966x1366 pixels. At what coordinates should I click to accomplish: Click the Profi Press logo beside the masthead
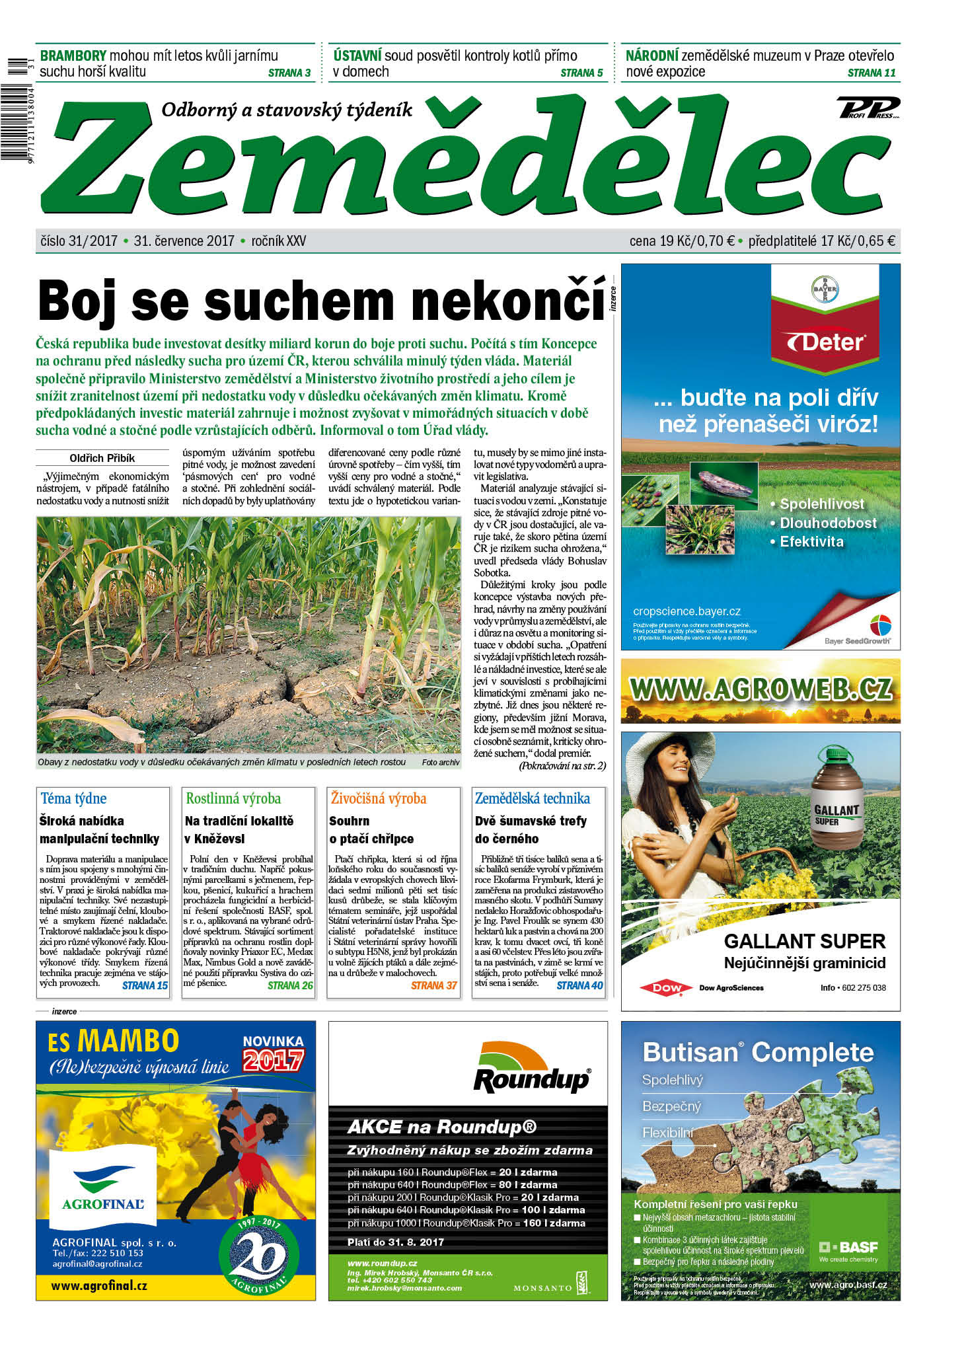pos(868,108)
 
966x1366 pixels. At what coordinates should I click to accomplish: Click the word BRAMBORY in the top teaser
pos(73,56)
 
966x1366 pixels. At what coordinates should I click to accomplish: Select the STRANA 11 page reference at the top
pos(871,73)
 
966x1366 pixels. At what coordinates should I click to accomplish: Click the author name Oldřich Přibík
pos(102,458)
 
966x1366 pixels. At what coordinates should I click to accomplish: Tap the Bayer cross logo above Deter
pos(824,289)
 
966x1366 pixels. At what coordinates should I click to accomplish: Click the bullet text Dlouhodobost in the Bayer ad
pos(828,523)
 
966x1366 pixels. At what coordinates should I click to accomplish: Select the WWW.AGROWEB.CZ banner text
pos(761,689)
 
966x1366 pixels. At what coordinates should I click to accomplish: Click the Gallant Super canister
pos(836,797)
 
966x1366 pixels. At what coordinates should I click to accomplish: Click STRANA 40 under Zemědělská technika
pos(579,985)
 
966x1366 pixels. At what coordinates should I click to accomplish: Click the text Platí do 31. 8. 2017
pos(396,1242)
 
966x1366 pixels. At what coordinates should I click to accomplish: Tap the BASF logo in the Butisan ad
pos(848,1247)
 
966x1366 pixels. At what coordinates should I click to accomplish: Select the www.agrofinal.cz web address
pos(99,1285)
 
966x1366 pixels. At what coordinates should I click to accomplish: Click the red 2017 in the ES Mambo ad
pos(273,1060)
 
